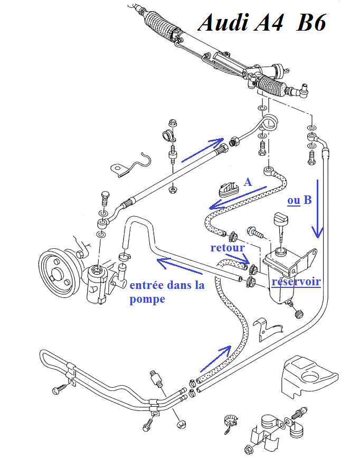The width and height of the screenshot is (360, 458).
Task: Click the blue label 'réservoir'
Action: pos(296,282)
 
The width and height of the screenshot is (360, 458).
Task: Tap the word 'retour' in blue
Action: pos(227,247)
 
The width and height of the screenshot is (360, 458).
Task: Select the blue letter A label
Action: pos(248,182)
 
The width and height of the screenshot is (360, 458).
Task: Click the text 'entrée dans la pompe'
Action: pos(167,292)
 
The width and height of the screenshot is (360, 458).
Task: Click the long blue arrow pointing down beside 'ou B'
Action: pos(317,209)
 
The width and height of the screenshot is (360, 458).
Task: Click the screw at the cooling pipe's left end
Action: pos(58,390)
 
